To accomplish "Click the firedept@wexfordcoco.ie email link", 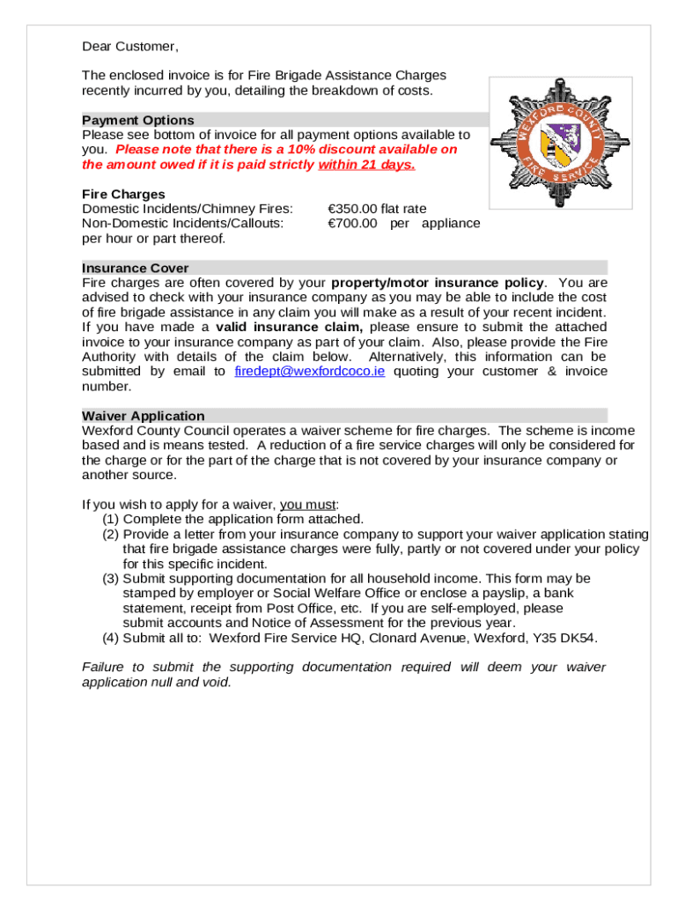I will tap(310, 372).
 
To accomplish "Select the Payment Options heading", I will tap(138, 120).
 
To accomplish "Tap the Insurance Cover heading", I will tap(135, 268).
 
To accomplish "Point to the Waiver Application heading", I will tap(144, 416).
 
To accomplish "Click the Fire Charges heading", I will tap(123, 194).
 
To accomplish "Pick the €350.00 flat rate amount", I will tap(377, 209).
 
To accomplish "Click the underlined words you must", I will tap(308, 505).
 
